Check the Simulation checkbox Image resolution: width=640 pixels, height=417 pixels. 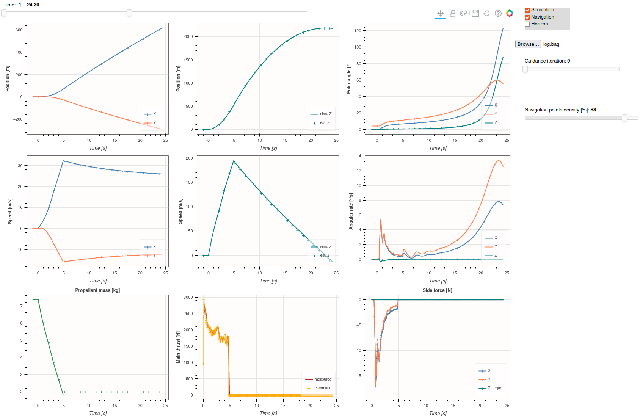point(527,10)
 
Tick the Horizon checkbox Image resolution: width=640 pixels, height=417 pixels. point(527,24)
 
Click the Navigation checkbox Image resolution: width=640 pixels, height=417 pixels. point(527,17)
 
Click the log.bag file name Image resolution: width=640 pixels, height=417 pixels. point(551,44)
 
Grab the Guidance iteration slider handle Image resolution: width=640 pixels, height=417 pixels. point(525,69)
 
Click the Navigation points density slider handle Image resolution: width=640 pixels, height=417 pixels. point(624,118)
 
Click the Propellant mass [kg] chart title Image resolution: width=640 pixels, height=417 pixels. point(97,290)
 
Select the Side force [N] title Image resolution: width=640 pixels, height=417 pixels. point(437,290)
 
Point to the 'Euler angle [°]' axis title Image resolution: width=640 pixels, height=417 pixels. point(349,78)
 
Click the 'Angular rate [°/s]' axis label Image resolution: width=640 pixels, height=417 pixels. point(351,211)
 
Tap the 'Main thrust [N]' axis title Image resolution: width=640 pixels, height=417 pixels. point(178,347)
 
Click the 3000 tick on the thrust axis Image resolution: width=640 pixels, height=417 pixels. point(188,298)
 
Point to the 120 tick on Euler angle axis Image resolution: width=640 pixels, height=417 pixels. point(358,31)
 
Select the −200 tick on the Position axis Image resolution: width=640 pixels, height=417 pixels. point(18,119)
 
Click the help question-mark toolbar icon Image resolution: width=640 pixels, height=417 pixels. point(498,13)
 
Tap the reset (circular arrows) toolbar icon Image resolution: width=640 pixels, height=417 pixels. point(487,13)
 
